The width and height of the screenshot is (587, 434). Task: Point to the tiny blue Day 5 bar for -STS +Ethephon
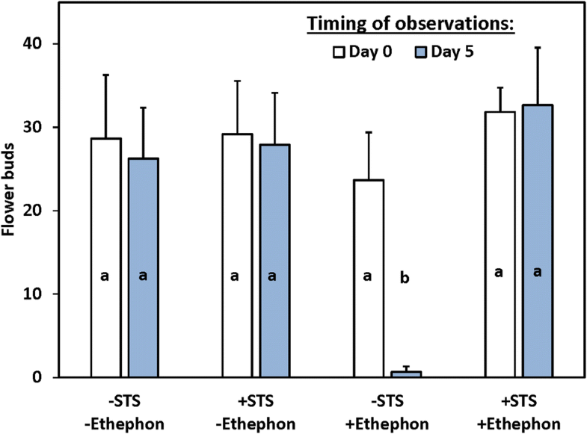click(x=405, y=373)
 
